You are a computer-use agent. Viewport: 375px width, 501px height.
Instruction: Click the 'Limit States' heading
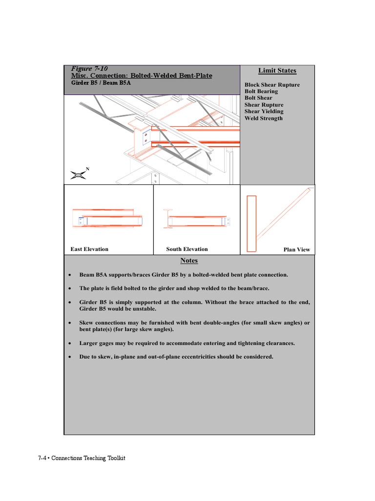(277, 70)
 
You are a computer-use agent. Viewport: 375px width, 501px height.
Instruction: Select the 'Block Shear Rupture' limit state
(272, 85)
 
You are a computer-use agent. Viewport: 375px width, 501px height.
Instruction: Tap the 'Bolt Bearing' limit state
(261, 91)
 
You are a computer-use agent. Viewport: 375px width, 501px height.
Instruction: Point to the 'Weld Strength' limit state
(263, 118)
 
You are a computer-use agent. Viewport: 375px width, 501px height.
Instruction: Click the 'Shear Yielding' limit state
(264, 112)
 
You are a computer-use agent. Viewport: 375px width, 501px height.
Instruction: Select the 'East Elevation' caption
(89, 249)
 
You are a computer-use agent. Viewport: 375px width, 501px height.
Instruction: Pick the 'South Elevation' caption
(187, 249)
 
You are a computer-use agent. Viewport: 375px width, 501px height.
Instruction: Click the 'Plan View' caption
(297, 250)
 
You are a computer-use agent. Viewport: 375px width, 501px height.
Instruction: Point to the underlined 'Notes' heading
(189, 261)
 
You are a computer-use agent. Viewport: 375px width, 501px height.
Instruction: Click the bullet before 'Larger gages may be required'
(71, 343)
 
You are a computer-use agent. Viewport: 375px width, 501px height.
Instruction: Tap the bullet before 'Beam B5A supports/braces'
(71, 275)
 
